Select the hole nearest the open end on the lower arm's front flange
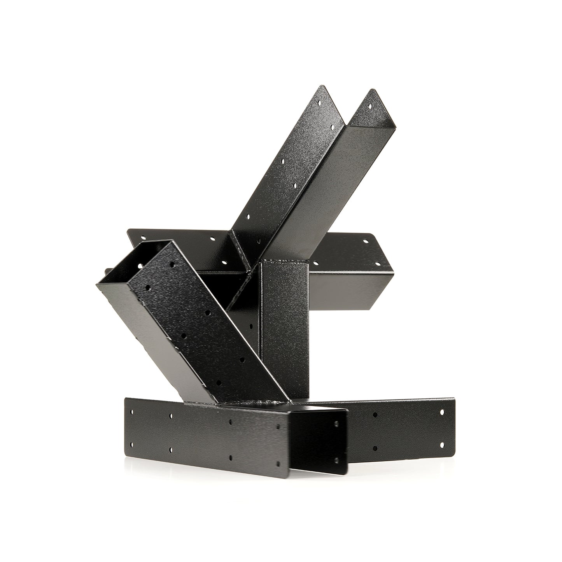170,264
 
